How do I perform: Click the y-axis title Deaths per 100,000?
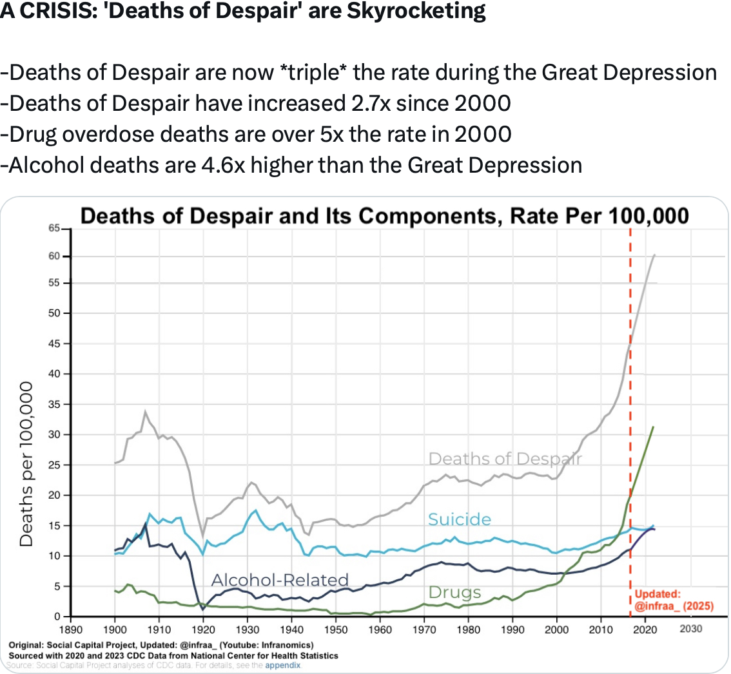click(x=26, y=463)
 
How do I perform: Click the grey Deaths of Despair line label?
click(x=505, y=459)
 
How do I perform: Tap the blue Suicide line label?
click(x=460, y=519)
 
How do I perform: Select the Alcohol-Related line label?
click(x=280, y=580)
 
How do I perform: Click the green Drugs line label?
click(x=454, y=592)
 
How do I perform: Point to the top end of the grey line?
click(x=655, y=255)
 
